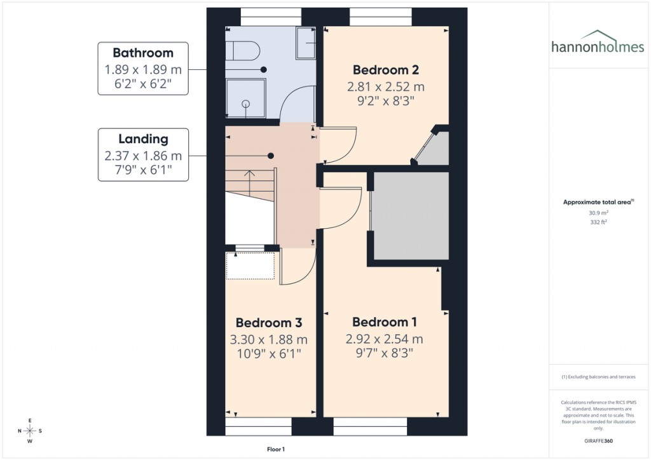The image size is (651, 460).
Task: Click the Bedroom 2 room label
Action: point(386,70)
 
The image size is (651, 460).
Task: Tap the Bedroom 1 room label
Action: point(380,322)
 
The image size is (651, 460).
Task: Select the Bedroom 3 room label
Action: point(268,322)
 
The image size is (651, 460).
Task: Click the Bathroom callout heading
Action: point(143,53)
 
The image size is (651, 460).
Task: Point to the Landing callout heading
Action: point(143,139)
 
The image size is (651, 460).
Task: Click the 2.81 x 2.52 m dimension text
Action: point(386,86)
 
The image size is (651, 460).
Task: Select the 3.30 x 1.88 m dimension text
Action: point(268,339)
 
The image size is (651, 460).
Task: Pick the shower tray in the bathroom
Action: point(245,98)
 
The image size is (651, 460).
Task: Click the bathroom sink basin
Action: point(306,43)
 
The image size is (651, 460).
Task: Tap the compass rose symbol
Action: point(30,431)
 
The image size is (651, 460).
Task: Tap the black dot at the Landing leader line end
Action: point(271,156)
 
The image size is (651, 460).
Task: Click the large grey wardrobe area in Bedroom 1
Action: point(411,215)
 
